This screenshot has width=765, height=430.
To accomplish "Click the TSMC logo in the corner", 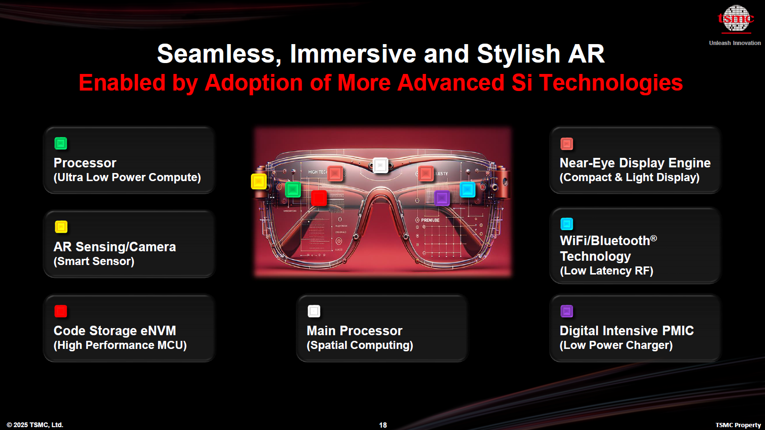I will pos(735,19).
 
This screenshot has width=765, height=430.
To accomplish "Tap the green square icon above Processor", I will pos(61,143).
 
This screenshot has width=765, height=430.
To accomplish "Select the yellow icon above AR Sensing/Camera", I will pos(61,227).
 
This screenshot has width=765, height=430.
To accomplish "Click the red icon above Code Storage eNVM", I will pos(61,311).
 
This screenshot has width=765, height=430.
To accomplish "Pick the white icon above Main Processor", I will pos(314,311).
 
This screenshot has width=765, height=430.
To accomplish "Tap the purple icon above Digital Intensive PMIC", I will pos(567,311).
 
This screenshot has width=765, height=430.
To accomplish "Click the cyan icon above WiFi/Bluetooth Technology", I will pos(567,224).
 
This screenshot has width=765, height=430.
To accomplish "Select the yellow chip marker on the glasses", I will pos(258,181).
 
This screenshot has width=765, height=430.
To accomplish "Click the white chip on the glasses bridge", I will pos(380,165).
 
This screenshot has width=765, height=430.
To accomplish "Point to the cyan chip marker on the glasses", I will pos(468,190).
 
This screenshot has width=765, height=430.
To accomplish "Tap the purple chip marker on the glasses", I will pos(442,197).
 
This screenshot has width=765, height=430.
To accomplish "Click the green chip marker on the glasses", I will pos(293,190).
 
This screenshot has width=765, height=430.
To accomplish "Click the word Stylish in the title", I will pos(518,54).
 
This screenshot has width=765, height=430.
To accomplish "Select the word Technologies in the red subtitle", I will pos(611,83).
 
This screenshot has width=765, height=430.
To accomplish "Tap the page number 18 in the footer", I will pos(383,425).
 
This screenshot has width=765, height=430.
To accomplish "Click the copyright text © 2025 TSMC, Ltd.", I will pos(35,425).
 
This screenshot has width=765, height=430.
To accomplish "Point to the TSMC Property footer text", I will pos(738,425).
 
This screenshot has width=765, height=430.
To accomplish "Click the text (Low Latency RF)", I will pos(606,271).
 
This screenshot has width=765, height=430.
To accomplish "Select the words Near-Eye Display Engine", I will pos(635,163).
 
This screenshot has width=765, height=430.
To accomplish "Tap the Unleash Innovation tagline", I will pos(735,43).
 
